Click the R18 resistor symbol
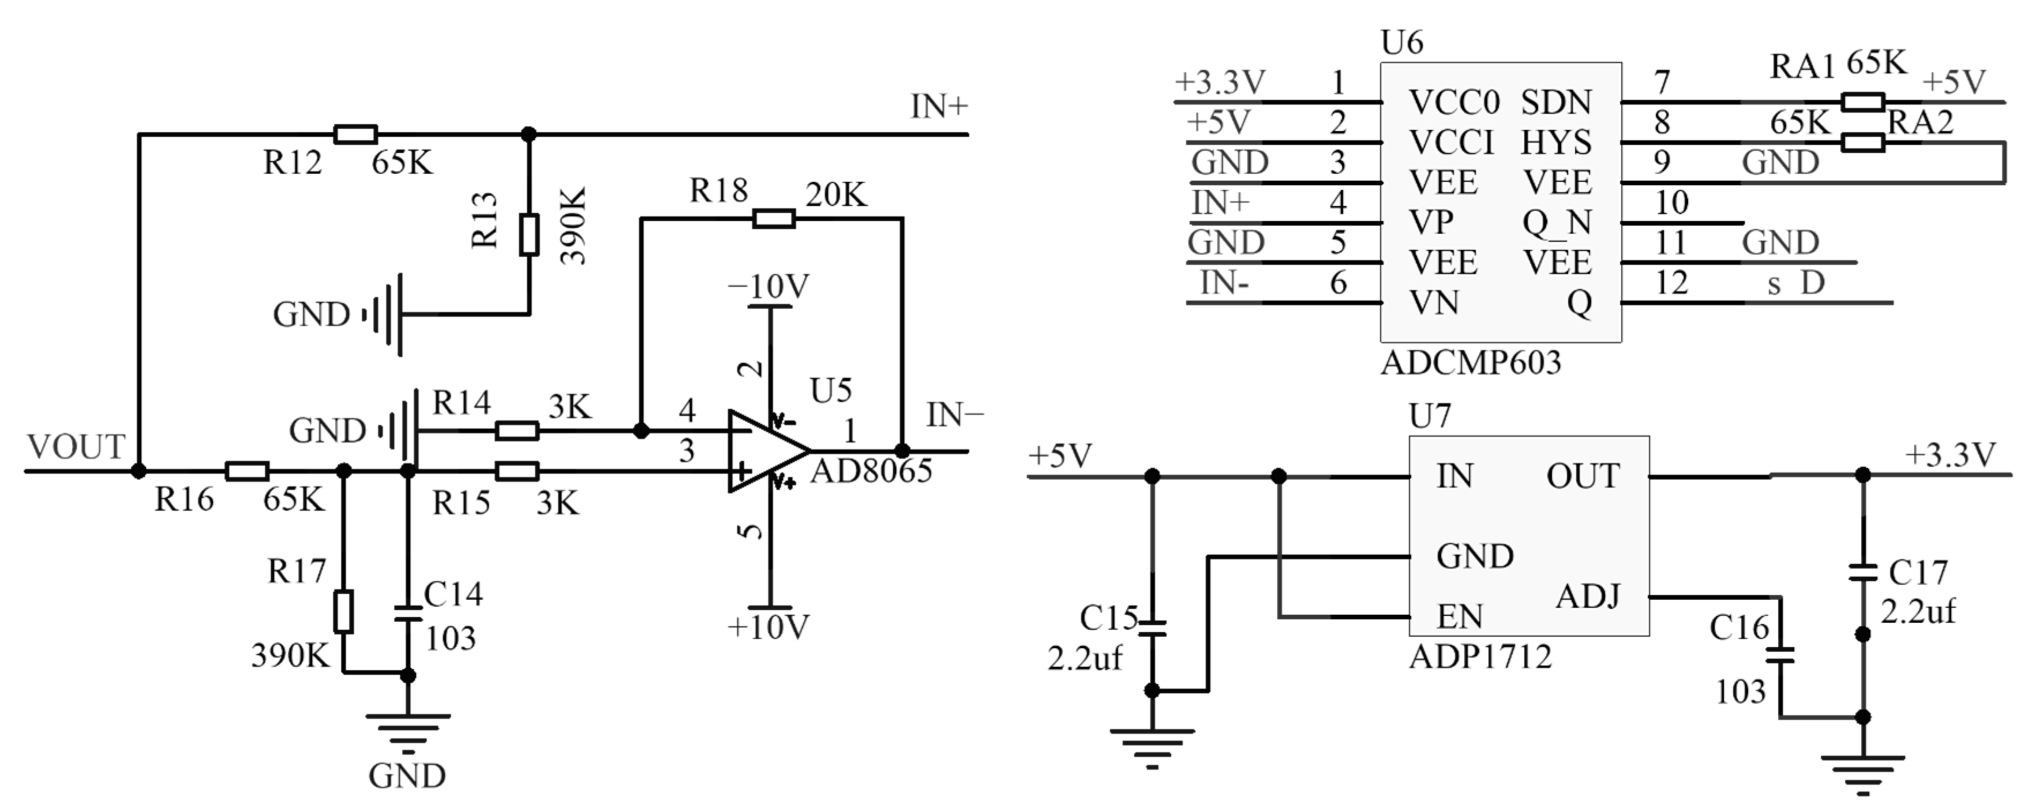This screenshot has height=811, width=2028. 773,219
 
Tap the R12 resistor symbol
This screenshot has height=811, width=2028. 355,134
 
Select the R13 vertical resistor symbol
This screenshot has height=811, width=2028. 529,234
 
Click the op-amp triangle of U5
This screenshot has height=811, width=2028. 764,451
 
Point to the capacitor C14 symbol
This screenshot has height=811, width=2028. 408,612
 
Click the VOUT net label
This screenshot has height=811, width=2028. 76,447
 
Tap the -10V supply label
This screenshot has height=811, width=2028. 769,287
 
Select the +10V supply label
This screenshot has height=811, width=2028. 769,627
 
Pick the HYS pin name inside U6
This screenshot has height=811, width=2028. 1555,143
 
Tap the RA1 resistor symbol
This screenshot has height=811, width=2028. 1862,102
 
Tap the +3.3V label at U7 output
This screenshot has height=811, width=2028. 1951,455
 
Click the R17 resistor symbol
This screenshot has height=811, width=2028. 343,611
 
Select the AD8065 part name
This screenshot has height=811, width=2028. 871,471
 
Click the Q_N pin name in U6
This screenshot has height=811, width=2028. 1557,223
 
